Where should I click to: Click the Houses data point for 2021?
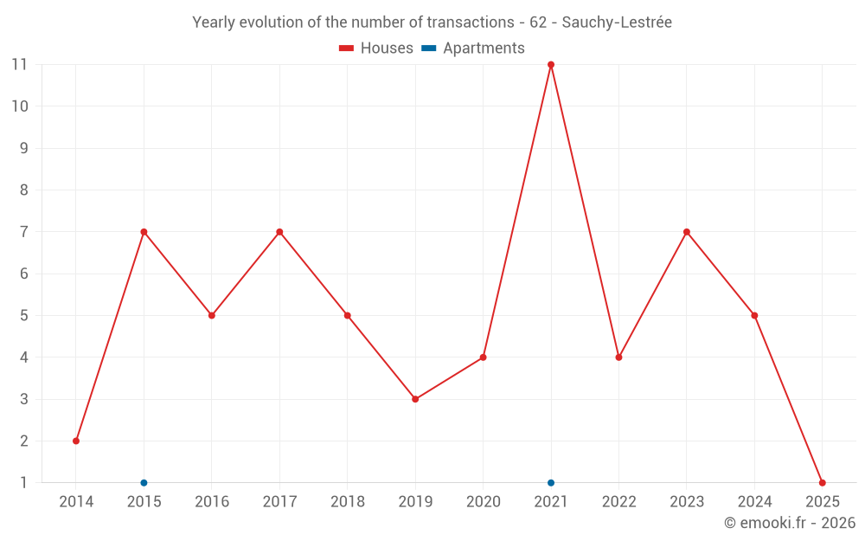(x=551, y=65)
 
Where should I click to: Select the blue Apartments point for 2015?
(x=144, y=483)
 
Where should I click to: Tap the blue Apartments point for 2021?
(x=551, y=483)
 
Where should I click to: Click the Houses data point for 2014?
(x=76, y=441)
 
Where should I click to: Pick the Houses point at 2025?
(x=822, y=483)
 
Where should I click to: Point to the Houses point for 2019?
(x=415, y=399)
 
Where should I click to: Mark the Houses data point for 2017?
(x=279, y=232)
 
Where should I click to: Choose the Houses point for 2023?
(x=687, y=232)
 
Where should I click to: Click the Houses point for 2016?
(x=212, y=315)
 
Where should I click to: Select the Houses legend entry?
(x=376, y=48)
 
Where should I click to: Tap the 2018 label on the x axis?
(x=347, y=502)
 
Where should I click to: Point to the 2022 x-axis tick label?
(x=618, y=502)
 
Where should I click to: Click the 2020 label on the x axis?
(x=483, y=502)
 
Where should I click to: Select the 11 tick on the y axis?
(x=19, y=64)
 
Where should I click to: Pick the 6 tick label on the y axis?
(x=24, y=274)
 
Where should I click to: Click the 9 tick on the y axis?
(x=24, y=148)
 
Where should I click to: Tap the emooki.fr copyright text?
(x=789, y=523)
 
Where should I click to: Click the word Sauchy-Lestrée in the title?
(x=617, y=23)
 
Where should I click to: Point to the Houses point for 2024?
(x=754, y=315)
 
